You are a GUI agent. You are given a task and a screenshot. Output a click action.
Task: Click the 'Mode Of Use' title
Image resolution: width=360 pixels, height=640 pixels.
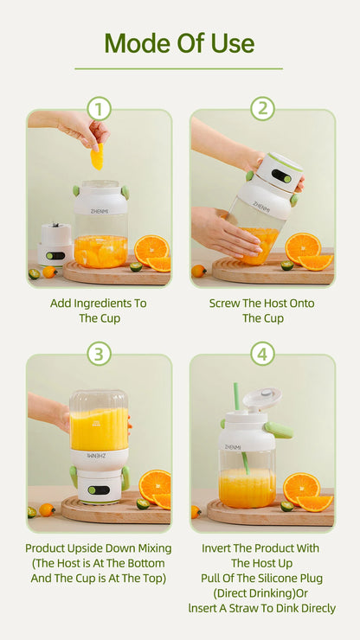coord(179,43)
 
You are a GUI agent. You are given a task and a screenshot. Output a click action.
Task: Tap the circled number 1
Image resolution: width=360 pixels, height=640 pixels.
coord(99,109)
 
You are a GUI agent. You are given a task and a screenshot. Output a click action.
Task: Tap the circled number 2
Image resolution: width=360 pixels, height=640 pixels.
coord(262,109)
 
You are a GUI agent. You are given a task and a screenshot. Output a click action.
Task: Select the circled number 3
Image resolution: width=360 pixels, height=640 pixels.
coord(99,354)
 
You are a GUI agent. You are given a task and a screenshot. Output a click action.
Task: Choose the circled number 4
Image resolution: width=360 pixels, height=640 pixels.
coord(262,354)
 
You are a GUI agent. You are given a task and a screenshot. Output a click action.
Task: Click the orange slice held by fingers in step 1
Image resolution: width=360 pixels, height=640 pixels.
coord(97,156)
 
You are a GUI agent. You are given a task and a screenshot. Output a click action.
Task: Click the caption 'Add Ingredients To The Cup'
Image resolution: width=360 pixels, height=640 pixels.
coord(99,310)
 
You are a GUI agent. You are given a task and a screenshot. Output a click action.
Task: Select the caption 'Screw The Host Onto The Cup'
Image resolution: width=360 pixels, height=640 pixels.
coord(262,310)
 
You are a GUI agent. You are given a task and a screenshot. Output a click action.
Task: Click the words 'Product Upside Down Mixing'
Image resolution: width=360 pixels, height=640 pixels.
coord(99,548)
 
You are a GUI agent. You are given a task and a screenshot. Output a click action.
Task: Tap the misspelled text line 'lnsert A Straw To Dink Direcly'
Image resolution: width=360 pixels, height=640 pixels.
coord(262,609)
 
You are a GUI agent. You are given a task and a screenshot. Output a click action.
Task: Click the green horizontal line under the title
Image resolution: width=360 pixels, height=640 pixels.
coord(179,68)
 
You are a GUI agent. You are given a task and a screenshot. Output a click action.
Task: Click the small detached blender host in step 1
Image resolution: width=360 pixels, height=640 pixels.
coord(55,244)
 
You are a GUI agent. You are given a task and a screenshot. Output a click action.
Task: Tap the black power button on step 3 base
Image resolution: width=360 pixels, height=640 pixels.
coord(99,490)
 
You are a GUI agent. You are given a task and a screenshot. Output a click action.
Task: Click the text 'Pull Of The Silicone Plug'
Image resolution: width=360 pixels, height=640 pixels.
coord(262,579)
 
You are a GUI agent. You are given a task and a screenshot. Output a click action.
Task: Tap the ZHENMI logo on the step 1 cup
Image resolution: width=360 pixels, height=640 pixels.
coord(100,205)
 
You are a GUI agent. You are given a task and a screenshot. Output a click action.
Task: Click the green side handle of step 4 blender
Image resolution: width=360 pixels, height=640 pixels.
coord(280,429)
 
